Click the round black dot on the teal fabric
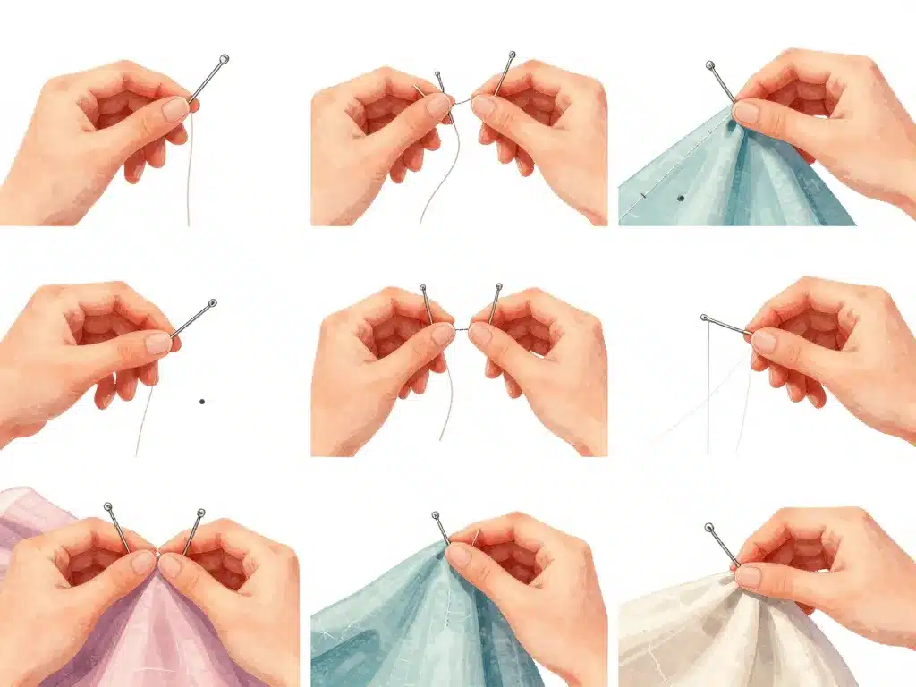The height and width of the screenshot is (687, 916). (680, 197)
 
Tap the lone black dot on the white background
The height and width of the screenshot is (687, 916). (202, 402)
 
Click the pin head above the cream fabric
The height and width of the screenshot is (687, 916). (708, 528)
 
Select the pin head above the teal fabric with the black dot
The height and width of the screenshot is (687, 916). (709, 65)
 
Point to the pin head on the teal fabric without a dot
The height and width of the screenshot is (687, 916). (436, 515)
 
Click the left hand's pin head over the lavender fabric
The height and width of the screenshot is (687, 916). (108, 507)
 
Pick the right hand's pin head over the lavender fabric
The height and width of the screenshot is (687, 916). (200, 513)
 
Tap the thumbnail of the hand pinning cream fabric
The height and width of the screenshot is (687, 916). (747, 576)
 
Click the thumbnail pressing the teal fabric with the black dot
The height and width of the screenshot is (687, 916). (745, 113)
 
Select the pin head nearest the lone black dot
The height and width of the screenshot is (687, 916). (212, 303)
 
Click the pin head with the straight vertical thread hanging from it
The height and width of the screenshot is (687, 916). (705, 318)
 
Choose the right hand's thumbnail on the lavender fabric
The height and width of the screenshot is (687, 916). (171, 564)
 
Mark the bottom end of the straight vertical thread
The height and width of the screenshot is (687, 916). (708, 453)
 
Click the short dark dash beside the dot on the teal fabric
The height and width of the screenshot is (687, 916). (642, 193)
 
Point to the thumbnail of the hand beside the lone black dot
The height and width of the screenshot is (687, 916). (158, 343)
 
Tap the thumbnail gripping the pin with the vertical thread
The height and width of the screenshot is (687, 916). (763, 341)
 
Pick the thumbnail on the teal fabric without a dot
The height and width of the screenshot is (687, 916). (459, 555)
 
